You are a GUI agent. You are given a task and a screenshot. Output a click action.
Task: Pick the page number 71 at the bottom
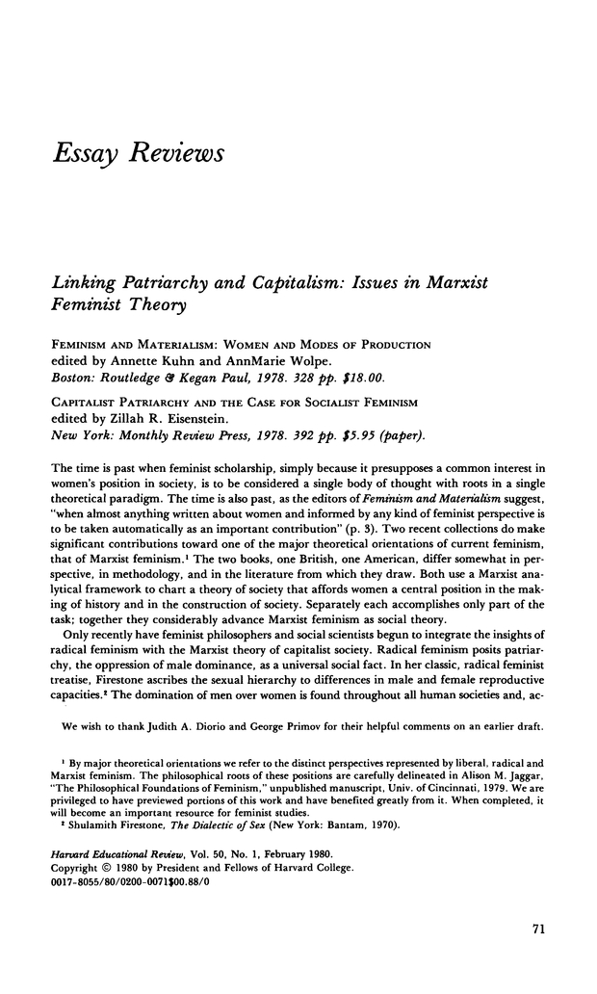(x=539, y=929)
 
